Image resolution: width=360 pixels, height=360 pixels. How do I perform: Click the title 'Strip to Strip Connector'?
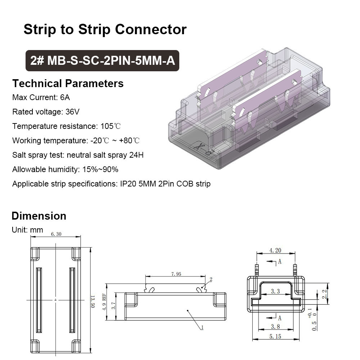click(105, 30)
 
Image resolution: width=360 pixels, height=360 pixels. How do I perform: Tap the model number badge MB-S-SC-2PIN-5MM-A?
click(103, 60)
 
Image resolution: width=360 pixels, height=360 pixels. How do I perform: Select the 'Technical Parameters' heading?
click(68, 84)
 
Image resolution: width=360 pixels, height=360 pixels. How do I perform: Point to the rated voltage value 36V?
click(72, 112)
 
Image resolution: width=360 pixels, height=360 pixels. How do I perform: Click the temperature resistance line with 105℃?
click(67, 126)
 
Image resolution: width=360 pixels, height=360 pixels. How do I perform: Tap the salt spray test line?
click(78, 155)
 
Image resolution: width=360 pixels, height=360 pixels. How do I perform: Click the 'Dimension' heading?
click(39, 216)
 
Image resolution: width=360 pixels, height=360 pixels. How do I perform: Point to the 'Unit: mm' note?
click(27, 230)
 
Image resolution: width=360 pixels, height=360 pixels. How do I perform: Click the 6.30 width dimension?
click(56, 234)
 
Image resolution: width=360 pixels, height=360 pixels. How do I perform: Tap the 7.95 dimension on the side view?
click(176, 274)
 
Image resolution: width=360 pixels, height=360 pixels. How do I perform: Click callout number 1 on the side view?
click(202, 328)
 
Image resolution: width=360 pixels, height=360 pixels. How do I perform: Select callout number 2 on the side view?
click(211, 279)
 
